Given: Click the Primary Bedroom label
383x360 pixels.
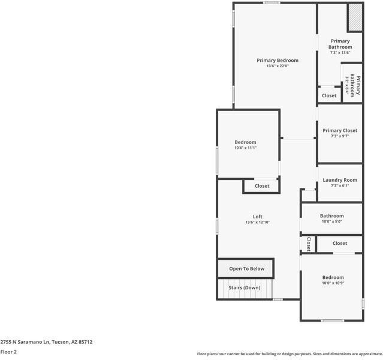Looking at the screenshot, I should click(277, 61).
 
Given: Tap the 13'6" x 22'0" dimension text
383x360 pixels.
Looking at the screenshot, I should click(277, 66).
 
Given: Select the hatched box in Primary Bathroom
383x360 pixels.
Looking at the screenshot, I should click(355, 17).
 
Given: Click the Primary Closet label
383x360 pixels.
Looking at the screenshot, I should click(340, 130).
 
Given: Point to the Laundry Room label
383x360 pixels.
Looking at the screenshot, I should click(340, 180).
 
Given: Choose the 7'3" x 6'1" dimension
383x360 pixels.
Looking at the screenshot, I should click(340, 186).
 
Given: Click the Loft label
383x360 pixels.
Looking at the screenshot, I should click(258, 217).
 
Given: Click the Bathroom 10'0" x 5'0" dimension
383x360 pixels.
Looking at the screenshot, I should click(331, 221).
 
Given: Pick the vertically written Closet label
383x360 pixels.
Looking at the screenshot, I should click(309, 244).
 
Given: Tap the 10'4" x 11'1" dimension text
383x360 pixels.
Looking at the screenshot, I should click(245, 148).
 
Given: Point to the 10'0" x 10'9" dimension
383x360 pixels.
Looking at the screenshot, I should click(333, 283).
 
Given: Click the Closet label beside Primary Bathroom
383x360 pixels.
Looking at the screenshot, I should click(329, 96).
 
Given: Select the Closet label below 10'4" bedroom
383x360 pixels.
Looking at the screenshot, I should click(262, 186).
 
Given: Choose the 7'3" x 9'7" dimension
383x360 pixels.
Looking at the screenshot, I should click(340, 136).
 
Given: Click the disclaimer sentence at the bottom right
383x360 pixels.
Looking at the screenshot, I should click(289, 354).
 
